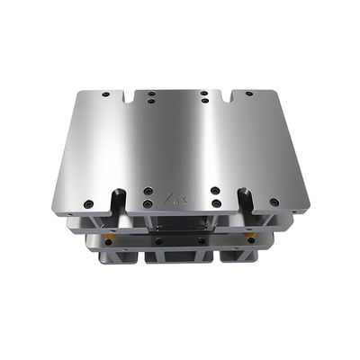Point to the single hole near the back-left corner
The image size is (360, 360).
(x=106, y=94)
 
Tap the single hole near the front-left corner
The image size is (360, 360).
(x=89, y=202)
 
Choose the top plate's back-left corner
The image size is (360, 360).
(x=81, y=90)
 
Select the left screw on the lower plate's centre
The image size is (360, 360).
(x=157, y=240)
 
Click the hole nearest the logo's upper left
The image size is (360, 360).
(x=148, y=191)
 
